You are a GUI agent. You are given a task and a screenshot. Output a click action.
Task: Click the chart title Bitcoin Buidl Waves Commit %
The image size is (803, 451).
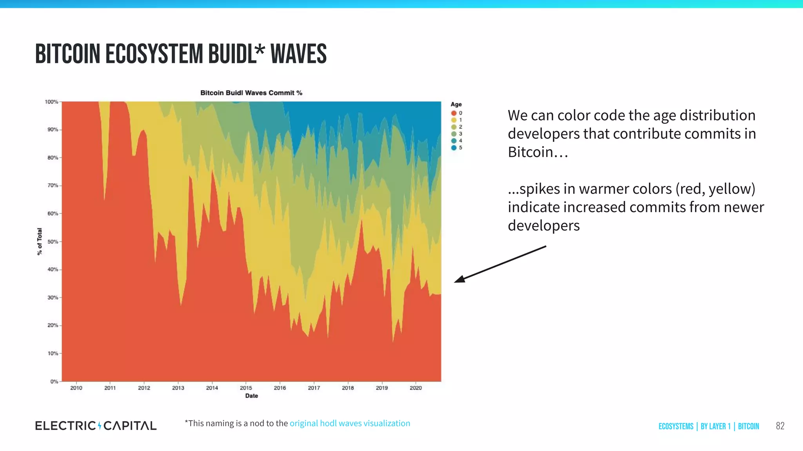251,93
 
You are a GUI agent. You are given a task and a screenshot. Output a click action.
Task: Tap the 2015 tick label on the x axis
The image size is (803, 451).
246,388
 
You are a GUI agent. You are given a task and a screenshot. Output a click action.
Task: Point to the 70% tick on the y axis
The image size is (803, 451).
53,186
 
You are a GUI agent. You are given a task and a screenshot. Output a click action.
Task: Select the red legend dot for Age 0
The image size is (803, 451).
454,113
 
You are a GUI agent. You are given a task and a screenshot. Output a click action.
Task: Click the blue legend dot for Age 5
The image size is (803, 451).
454,148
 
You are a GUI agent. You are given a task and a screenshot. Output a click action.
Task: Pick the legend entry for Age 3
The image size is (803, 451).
457,134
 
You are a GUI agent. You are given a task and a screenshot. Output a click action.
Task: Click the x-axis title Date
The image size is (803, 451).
251,396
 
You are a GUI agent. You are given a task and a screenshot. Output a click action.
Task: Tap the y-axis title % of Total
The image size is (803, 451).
40,242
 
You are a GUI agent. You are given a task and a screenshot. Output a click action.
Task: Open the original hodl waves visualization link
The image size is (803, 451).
350,423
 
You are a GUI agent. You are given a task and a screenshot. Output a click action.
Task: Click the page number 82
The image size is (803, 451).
780,426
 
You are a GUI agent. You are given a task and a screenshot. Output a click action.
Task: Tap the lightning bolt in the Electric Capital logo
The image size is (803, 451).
100,426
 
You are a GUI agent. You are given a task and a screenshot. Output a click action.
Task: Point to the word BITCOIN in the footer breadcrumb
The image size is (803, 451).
748,426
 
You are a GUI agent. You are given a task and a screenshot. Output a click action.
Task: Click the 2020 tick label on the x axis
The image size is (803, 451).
416,388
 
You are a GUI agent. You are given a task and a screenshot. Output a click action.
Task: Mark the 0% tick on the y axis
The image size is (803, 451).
54,382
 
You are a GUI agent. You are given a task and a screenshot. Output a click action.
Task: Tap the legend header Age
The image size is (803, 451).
456,104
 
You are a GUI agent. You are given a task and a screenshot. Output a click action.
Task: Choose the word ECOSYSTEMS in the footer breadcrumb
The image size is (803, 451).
676,426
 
